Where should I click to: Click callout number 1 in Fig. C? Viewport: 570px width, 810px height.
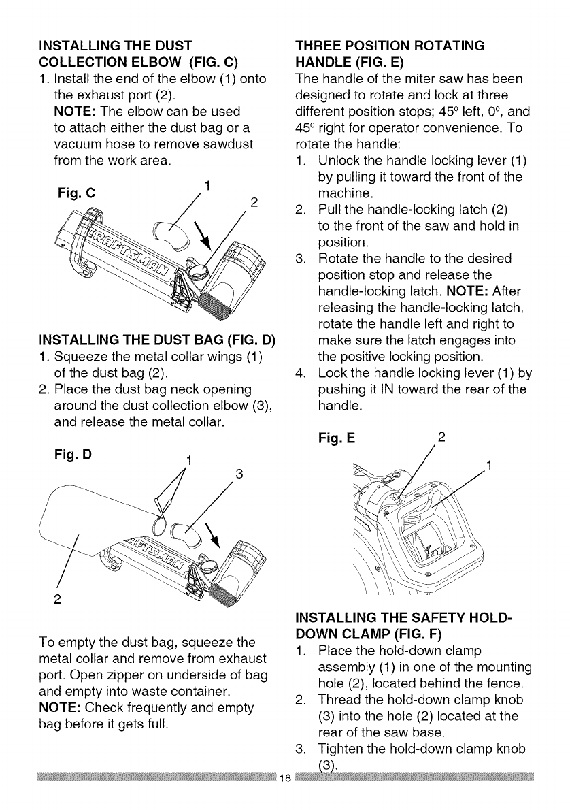coord(207,183)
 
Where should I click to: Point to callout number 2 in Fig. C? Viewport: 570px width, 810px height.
coord(253,201)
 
